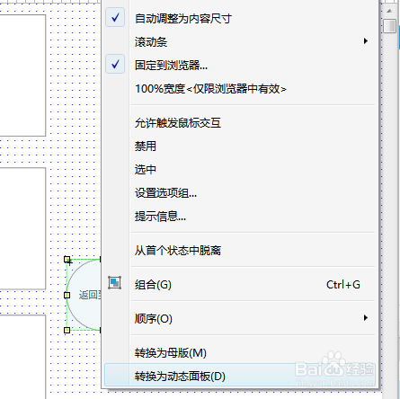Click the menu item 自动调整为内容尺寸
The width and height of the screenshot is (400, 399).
click(183, 19)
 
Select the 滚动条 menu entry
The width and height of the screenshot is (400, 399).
click(151, 42)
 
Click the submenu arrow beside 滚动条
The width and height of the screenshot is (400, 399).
click(366, 41)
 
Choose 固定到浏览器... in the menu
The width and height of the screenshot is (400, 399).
click(171, 66)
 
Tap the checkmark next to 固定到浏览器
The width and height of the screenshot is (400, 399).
click(115, 64)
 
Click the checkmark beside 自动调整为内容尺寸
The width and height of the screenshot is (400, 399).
click(115, 17)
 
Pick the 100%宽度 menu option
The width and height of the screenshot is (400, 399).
click(210, 89)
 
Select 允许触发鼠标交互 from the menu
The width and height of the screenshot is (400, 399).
click(178, 123)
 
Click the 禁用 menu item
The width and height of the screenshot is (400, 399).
click(146, 146)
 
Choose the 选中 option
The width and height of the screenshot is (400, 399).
click(146, 170)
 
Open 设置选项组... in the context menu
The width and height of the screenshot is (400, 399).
click(165, 193)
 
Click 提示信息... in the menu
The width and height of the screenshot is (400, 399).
click(160, 217)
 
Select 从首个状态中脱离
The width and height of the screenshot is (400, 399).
click(178, 251)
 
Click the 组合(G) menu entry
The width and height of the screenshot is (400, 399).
click(153, 285)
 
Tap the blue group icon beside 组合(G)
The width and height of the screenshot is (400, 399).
click(115, 282)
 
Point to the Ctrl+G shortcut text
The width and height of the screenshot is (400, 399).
click(343, 285)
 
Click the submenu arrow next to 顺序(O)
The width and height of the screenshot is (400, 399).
click(366, 318)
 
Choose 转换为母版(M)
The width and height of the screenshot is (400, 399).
click(171, 353)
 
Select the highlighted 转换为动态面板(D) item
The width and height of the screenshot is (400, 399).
click(180, 377)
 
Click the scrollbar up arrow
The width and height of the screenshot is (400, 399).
click(389, 11)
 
